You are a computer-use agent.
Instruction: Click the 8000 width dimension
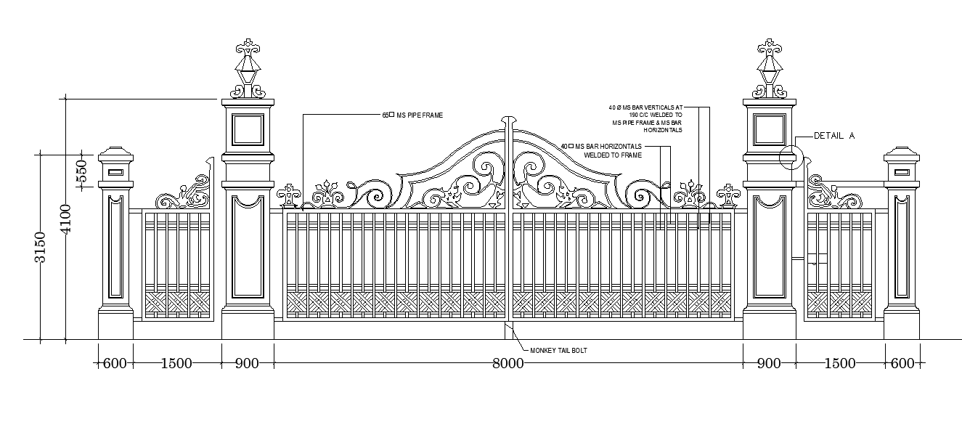pyautogui.click(x=508, y=364)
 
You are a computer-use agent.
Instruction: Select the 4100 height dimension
pyautogui.click(x=66, y=219)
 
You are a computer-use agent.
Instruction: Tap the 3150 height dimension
pyautogui.click(x=41, y=247)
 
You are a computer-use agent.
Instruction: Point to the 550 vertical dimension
pyautogui.click(x=82, y=171)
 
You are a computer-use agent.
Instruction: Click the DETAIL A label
pyautogui.click(x=834, y=136)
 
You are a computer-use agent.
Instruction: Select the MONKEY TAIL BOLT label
pyautogui.click(x=558, y=351)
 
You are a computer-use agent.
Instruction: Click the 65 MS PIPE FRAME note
pyautogui.click(x=412, y=115)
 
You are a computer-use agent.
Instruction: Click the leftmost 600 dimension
pyautogui.click(x=115, y=364)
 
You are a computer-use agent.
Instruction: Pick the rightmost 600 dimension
pyautogui.click(x=902, y=364)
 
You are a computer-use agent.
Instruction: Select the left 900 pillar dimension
pyautogui.click(x=247, y=364)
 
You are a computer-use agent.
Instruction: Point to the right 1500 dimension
pyautogui.click(x=840, y=364)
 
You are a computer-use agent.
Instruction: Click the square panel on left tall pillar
pyautogui.click(x=248, y=131)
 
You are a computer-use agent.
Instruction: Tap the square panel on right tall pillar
pyautogui.click(x=770, y=131)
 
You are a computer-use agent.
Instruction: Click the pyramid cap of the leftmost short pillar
pyautogui.click(x=116, y=154)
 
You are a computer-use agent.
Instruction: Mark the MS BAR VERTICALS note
pyautogui.click(x=646, y=118)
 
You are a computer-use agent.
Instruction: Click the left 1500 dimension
pyautogui.click(x=176, y=364)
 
